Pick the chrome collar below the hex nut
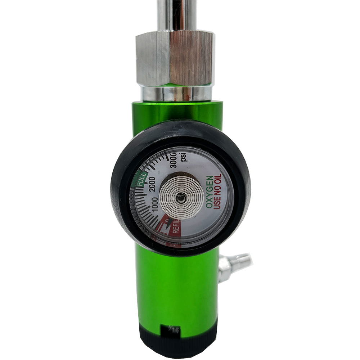[x=176, y=93]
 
